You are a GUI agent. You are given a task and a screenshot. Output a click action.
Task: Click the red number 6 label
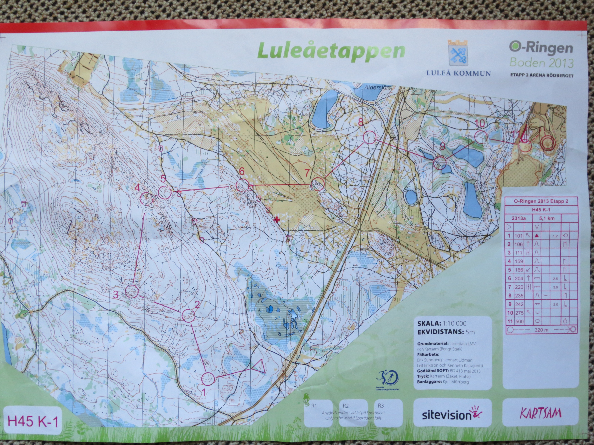point(242,171)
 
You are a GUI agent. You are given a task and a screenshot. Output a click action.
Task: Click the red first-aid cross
point(276,220)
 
